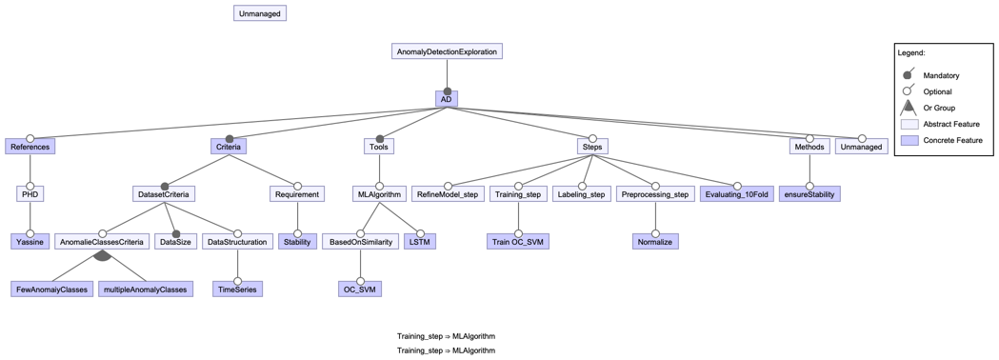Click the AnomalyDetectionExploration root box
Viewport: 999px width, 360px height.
[447, 51]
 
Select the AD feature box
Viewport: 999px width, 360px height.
[447, 99]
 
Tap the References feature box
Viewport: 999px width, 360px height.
[30, 147]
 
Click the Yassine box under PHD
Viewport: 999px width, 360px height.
[30, 242]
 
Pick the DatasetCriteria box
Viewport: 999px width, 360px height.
[164, 194]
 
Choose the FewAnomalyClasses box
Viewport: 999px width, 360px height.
[51, 290]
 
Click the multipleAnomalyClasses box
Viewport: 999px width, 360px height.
[145, 290]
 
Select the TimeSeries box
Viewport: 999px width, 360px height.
[237, 290]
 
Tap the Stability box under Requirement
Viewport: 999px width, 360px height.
[297, 242]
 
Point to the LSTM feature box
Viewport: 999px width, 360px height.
[419, 242]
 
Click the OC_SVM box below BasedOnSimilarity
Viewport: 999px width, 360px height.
[360, 290]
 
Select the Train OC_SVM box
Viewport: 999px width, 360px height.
[518, 242]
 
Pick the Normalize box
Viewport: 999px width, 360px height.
[655, 242]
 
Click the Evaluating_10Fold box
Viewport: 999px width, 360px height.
[736, 194]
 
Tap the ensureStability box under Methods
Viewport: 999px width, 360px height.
[809, 194]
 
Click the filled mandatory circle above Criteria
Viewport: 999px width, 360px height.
[230, 139]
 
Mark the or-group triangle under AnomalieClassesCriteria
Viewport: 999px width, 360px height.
[103, 255]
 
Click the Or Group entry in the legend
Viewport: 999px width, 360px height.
[939, 108]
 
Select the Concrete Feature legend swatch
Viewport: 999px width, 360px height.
[909, 140]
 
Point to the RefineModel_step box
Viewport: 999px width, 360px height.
[448, 194]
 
